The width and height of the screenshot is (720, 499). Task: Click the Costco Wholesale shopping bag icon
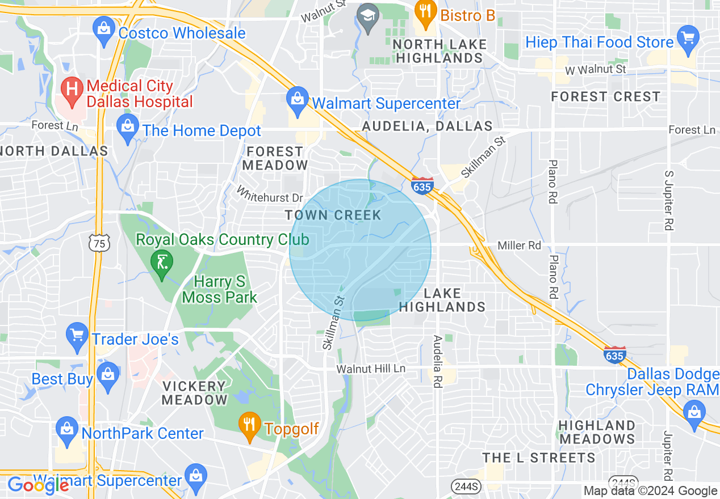click(104, 31)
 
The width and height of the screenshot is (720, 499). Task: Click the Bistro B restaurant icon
click(425, 14)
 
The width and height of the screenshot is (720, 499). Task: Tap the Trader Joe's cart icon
click(77, 337)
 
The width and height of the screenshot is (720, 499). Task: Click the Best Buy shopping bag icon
click(107, 377)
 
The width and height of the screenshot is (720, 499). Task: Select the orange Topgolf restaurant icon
click(249, 426)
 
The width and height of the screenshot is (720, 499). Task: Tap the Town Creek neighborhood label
click(333, 215)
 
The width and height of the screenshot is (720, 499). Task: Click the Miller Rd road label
click(519, 246)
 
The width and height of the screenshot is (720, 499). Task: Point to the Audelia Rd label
click(437, 361)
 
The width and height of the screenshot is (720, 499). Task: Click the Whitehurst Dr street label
click(270, 194)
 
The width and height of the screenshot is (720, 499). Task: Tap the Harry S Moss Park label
click(219, 289)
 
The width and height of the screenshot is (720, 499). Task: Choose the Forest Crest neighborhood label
click(605, 96)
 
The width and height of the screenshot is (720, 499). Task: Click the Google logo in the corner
click(37, 485)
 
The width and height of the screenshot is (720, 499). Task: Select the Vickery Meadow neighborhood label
click(195, 392)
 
